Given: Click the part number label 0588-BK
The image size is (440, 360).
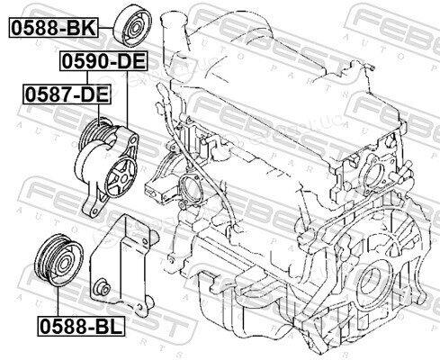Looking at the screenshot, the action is coord(53,28).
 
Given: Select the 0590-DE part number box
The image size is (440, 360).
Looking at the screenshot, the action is coord(103,61).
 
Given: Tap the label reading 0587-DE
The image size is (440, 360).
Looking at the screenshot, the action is coord(67,94).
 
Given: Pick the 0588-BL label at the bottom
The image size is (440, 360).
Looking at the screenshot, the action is coord(81,326).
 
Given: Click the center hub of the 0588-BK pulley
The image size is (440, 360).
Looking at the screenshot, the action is coord(136,28).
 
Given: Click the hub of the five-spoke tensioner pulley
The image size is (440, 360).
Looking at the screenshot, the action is coord(122,178).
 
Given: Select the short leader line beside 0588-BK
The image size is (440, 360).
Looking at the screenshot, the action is coord(106,28).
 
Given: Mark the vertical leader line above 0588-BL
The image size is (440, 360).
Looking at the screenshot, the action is coord(58,301).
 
